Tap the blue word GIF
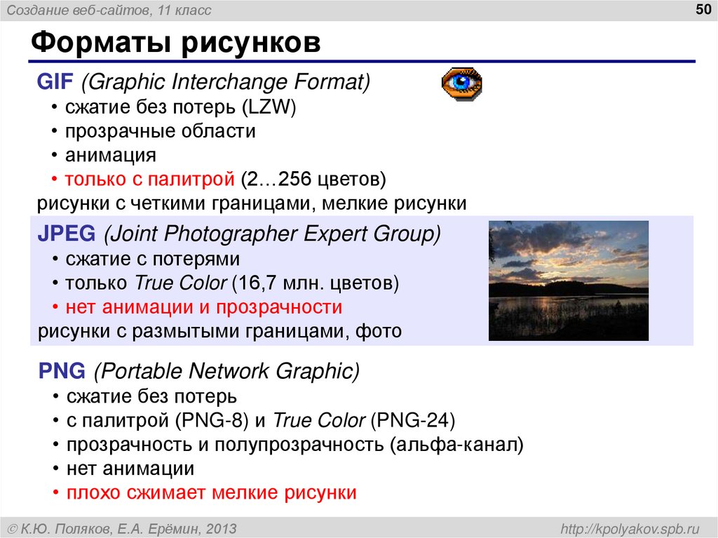pyautogui.click(x=55, y=82)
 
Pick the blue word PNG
pyautogui.click(x=62, y=370)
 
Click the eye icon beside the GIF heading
pyautogui.click(x=461, y=84)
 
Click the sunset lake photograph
pyautogui.click(x=568, y=281)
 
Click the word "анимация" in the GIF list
pyautogui.click(x=111, y=155)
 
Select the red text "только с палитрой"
pyautogui.click(x=149, y=179)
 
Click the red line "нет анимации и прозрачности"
pyautogui.click(x=203, y=307)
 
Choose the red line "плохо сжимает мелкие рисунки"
pyautogui.click(x=211, y=492)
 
